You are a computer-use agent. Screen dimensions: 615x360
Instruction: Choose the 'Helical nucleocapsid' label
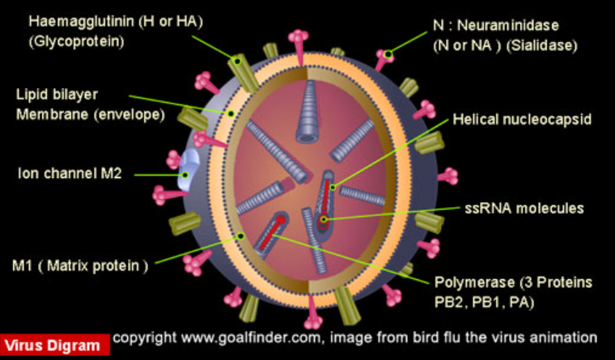pyautogui.click(x=522, y=119)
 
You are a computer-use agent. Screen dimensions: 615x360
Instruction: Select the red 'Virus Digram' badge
pyautogui.click(x=54, y=345)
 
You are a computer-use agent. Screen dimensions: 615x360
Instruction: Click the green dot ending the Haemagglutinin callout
pyautogui.click(x=238, y=61)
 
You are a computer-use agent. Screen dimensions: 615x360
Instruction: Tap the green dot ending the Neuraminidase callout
pyautogui.click(x=388, y=54)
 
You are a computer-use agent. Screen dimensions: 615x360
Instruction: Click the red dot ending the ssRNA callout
pyautogui.click(x=323, y=218)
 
